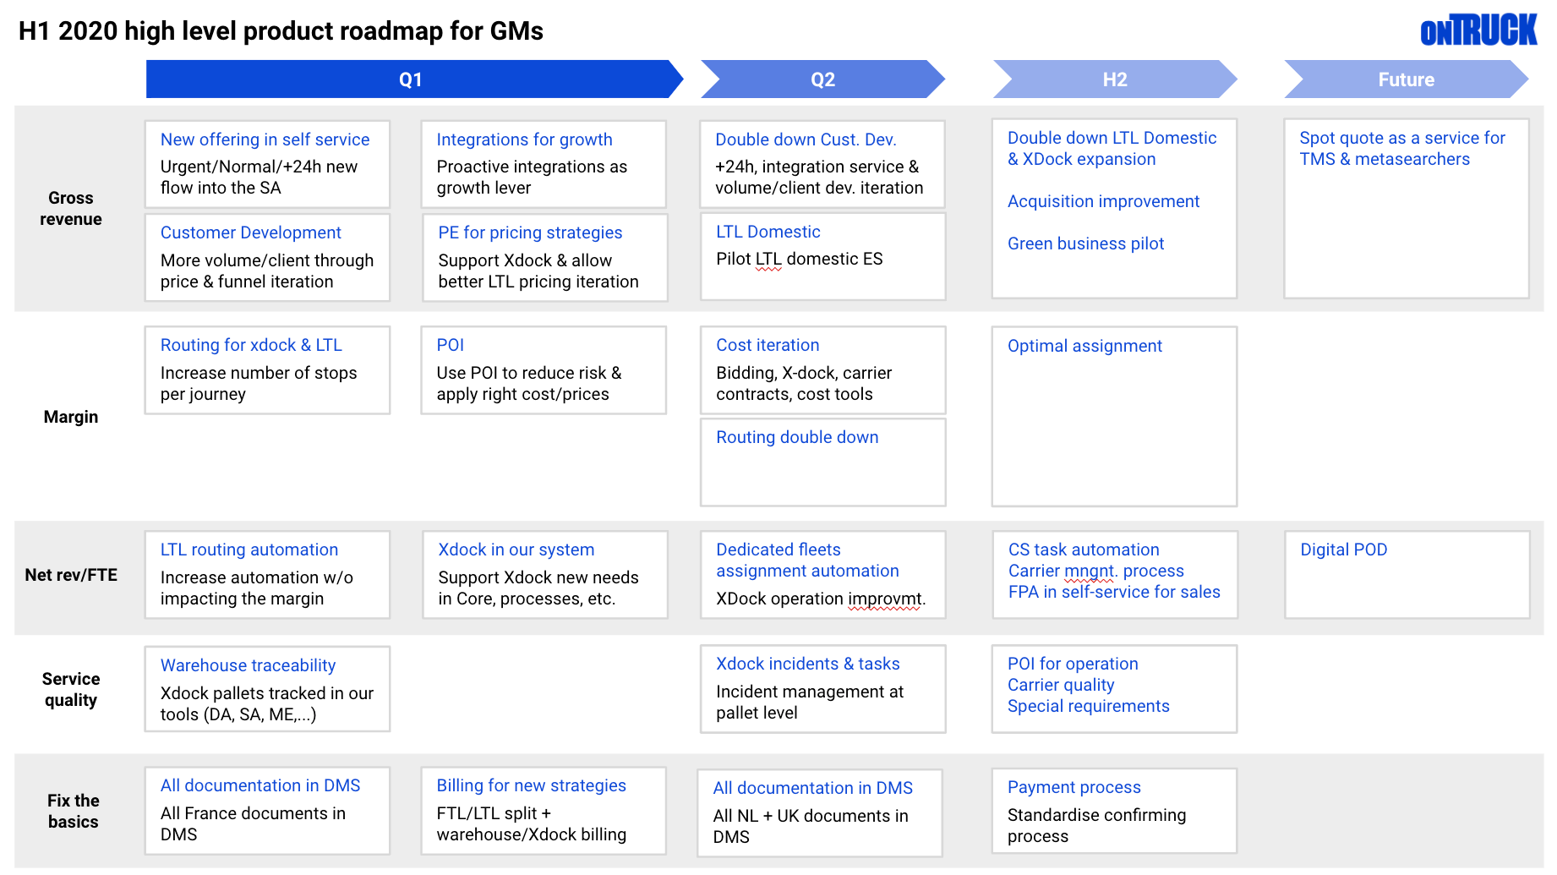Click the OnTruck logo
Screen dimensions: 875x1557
[1478, 30]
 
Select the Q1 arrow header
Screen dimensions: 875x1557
[411, 79]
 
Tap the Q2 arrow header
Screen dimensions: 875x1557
[822, 79]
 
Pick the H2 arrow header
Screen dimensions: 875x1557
[1114, 79]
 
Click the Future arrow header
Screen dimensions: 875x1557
[1406, 79]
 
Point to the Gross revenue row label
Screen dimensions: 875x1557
[71, 209]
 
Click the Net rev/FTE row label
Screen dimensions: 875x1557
[71, 575]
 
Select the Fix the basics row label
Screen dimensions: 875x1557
[73, 811]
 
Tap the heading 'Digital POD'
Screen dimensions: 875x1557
[1343, 550]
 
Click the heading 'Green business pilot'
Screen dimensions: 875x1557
[1085, 243]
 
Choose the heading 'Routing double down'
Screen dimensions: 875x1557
[797, 437]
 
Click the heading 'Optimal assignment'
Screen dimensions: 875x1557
[1084, 346]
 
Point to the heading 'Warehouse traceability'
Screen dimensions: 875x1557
[248, 665]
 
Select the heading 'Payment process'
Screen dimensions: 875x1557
[1074, 787]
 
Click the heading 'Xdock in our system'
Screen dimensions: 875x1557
[516, 550]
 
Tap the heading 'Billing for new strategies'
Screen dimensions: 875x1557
[531, 785]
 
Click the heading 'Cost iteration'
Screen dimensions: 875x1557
[768, 345]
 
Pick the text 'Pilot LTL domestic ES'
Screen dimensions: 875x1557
[799, 259]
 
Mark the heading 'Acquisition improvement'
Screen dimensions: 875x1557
[1103, 201]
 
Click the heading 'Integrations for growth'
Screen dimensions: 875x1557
[524, 139]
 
